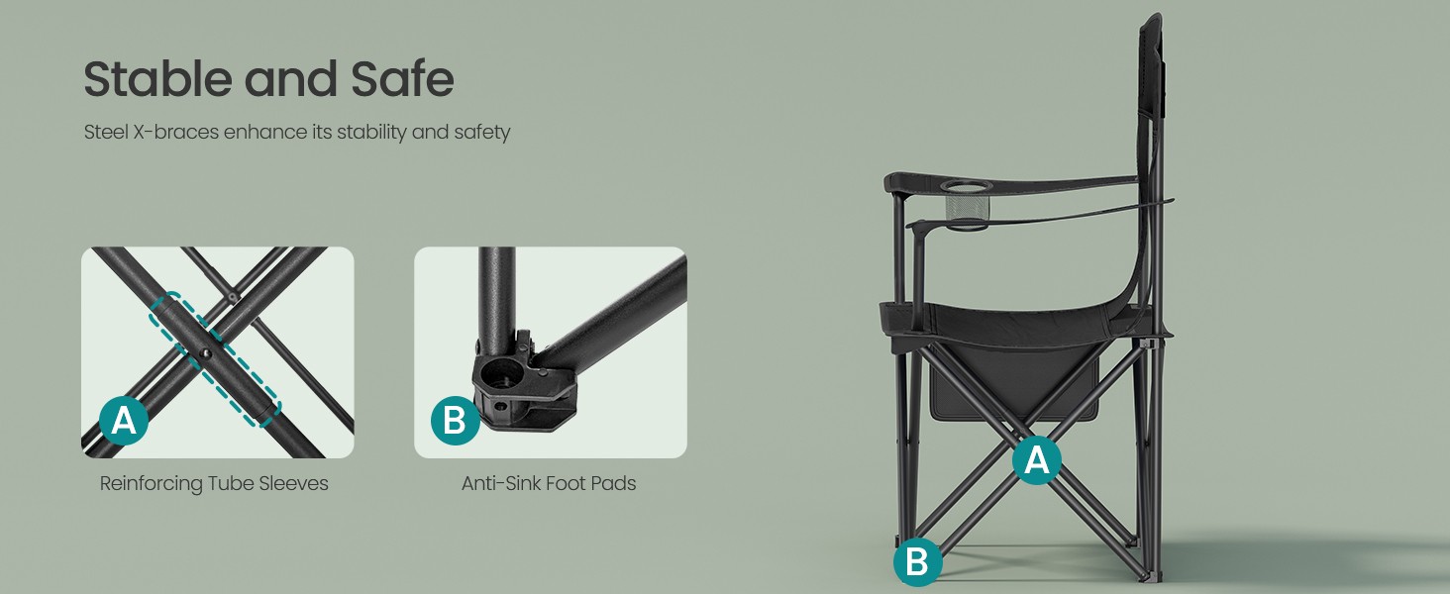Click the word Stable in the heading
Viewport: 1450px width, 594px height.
point(157,78)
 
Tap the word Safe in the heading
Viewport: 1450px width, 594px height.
point(403,78)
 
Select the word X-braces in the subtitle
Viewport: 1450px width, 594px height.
point(175,132)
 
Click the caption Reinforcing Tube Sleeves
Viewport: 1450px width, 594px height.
point(214,483)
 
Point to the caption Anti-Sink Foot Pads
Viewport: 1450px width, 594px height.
point(549,483)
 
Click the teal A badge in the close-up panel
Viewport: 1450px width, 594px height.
point(124,421)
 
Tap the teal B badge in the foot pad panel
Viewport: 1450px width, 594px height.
point(455,421)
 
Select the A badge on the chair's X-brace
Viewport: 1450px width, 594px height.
point(1037,460)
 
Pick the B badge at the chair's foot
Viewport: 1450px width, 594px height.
point(918,561)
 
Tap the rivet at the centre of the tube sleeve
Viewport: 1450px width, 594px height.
point(206,353)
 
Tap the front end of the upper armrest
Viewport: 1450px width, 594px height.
point(893,182)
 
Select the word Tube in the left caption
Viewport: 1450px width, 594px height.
point(231,483)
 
